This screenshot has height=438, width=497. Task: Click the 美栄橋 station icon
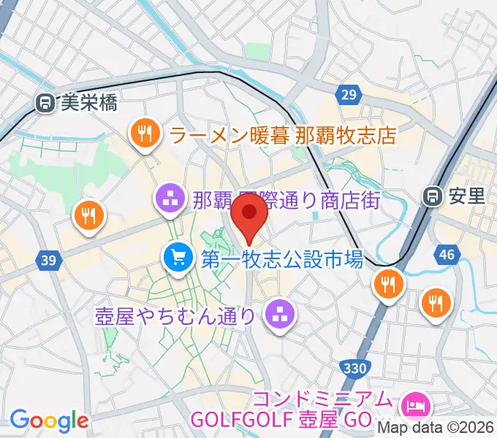click(x=45, y=103)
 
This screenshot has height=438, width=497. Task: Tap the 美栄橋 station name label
click(x=88, y=103)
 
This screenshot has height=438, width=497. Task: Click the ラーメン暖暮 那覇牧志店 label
click(x=282, y=135)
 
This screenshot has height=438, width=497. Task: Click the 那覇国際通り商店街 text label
click(x=287, y=200)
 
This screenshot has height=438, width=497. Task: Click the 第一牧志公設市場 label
click(x=281, y=258)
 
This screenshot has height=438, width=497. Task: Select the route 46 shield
click(x=447, y=255)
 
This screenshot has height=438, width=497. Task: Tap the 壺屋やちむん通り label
click(x=175, y=315)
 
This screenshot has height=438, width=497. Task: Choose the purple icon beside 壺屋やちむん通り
click(x=278, y=315)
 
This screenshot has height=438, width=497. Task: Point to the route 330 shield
click(x=354, y=368)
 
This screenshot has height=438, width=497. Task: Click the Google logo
click(x=48, y=421)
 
